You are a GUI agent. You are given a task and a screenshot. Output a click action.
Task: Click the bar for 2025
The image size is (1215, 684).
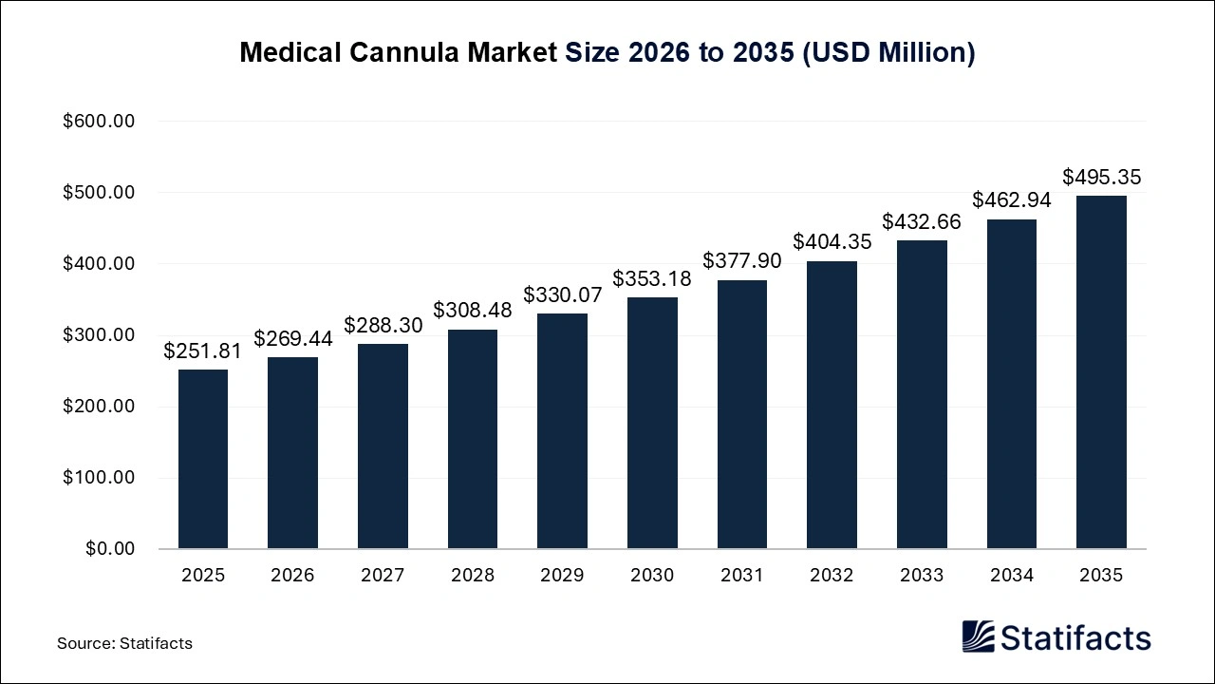click(x=202, y=459)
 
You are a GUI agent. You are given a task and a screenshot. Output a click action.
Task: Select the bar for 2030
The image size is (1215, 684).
click(x=652, y=423)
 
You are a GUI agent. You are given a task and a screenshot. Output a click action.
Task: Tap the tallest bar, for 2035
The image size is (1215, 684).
click(x=1101, y=372)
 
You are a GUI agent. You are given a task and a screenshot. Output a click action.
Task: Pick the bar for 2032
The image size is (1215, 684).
click(x=832, y=405)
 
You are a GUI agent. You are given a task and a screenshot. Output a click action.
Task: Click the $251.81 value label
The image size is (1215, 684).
click(x=202, y=351)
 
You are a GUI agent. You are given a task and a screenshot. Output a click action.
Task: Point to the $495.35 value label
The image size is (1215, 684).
click(x=1101, y=178)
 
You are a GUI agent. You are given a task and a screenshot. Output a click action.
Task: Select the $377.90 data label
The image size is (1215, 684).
click(x=742, y=261)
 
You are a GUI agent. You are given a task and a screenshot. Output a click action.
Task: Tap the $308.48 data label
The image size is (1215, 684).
click(x=473, y=311)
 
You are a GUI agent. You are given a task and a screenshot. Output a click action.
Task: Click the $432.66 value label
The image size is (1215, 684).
click(x=922, y=222)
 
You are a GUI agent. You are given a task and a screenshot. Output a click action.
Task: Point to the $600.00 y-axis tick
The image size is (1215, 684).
click(x=99, y=122)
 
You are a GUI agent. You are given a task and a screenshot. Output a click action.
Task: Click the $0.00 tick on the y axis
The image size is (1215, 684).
click(x=110, y=549)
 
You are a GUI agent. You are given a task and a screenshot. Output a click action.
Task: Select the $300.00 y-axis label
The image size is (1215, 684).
click(x=99, y=335)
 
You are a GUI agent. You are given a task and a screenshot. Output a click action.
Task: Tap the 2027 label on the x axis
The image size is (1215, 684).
click(x=383, y=576)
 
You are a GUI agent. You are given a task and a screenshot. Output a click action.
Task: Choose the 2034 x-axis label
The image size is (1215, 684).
click(x=1011, y=576)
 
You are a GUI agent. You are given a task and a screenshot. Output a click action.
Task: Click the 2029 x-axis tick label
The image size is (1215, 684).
click(x=562, y=576)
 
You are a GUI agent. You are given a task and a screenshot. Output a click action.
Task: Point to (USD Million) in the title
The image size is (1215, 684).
click(x=888, y=53)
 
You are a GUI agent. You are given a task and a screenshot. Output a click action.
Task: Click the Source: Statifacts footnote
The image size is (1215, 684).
click(x=124, y=643)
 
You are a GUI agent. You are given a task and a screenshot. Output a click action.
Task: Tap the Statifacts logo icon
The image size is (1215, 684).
click(x=978, y=636)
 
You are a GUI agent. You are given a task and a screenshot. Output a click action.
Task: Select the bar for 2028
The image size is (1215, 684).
click(x=473, y=439)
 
